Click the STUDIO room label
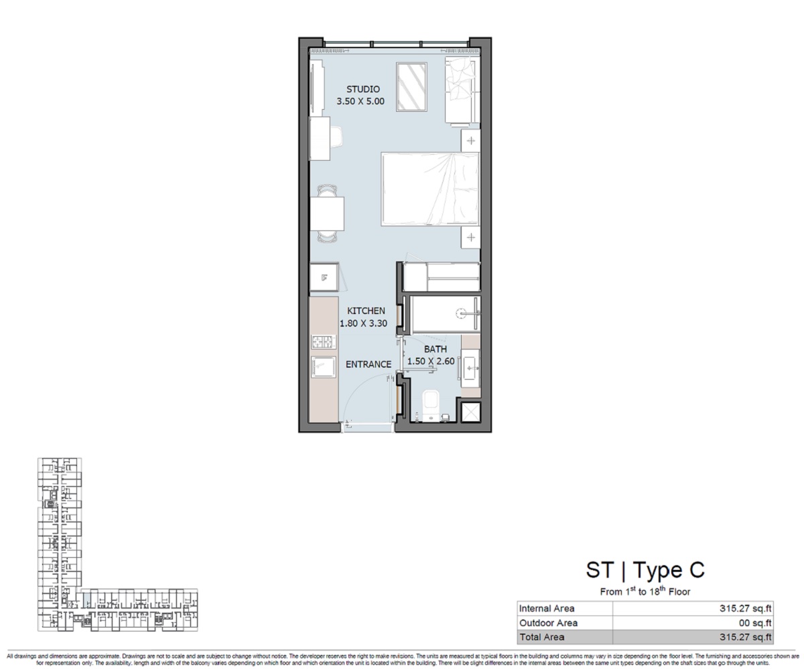[362, 89]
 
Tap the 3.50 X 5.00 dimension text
[360, 101]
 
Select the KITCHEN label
[366, 311]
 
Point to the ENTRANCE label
[368, 364]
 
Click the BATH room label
[435, 349]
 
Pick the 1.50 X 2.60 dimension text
[431, 361]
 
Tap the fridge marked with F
[324, 277]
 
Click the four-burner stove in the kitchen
[324, 342]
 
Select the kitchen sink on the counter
[324, 367]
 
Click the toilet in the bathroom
[431, 406]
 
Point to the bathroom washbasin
[470, 368]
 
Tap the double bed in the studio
[431, 189]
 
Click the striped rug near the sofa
[411, 87]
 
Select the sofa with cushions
[462, 91]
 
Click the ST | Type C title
[645, 570]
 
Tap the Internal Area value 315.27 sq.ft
[746, 608]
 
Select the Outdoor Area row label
[548, 623]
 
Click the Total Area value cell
[693, 637]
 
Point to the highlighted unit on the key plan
[86, 599]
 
